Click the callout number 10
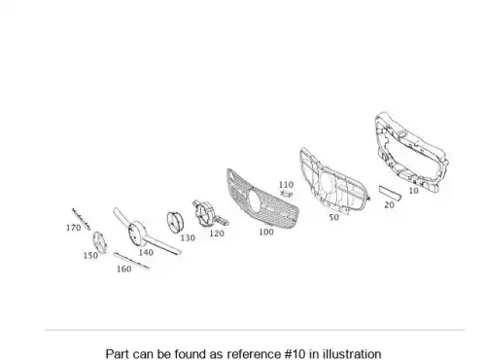coord(413,191)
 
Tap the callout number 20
coord(389,205)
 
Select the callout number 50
coord(333,217)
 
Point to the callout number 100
coord(266,232)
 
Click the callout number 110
coord(286,185)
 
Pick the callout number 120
coord(217,234)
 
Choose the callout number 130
coord(188,238)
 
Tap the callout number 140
coord(146,252)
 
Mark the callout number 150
coord(90,256)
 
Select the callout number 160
coord(123,269)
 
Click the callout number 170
coord(73,228)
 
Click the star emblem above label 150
coord(99,242)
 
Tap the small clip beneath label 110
coord(287,194)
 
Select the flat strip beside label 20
coord(390,193)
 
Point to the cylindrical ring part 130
coord(176,222)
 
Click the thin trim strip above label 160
coord(131,261)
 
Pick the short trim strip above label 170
coord(81,219)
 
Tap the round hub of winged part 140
coord(137,234)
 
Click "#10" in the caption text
coord(295,353)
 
